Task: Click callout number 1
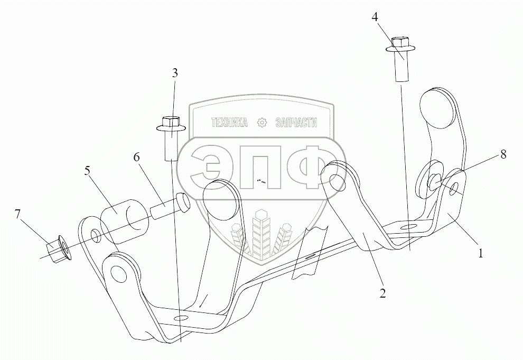point(480,253)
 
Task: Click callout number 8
point(502,154)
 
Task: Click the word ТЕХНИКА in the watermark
point(230,123)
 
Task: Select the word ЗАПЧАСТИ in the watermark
point(296,123)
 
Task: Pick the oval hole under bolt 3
point(181,318)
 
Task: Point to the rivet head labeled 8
point(435,182)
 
